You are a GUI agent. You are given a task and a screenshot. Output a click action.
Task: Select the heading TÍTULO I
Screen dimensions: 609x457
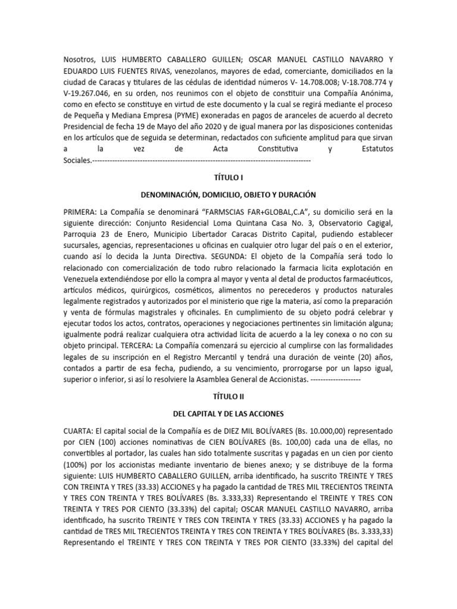click(228, 178)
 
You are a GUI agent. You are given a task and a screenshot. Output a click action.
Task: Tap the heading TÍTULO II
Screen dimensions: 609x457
click(228, 395)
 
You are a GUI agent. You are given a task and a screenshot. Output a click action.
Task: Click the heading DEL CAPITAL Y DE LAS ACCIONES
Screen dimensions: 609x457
click(228, 413)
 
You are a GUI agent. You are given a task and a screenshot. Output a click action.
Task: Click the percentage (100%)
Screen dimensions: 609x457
click(76, 467)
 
